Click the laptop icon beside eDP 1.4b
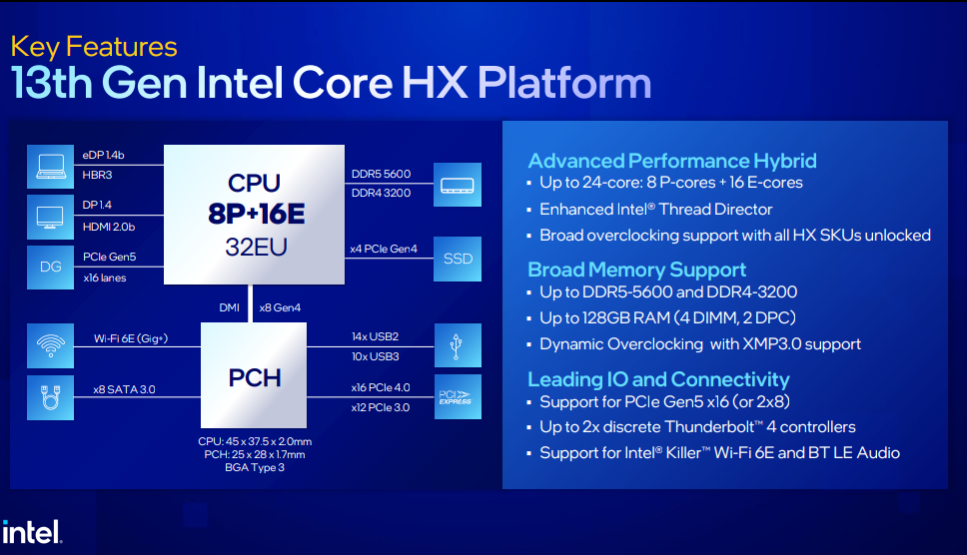[51, 167]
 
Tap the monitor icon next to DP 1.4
[51, 217]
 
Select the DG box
[51, 268]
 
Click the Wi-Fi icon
[51, 345]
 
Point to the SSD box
[458, 259]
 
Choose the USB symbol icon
[458, 345]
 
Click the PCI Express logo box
[458, 396]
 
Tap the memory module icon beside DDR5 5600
[458, 185]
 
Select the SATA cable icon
[51, 398]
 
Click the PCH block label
[255, 377]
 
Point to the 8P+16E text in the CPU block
[256, 214]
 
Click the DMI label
[230, 307]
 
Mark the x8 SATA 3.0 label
[124, 389]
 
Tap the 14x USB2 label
[375, 336]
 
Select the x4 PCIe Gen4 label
[384, 249]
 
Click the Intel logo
[31, 532]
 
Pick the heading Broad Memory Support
[637, 270]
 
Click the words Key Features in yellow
[94, 47]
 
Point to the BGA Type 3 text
[255, 467]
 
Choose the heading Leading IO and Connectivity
[658, 379]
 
